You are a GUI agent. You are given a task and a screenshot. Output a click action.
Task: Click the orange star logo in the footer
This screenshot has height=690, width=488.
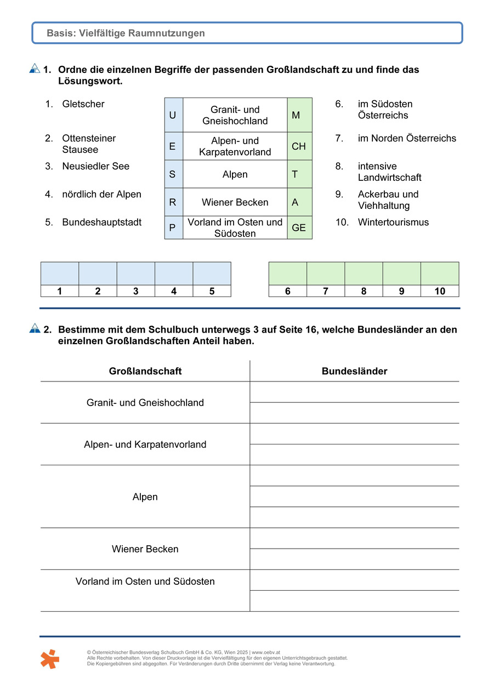pos(49,658)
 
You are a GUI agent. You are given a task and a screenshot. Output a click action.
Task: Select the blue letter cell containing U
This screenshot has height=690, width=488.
pos(173,115)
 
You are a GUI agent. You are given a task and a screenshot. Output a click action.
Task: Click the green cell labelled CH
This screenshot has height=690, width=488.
pos(299,146)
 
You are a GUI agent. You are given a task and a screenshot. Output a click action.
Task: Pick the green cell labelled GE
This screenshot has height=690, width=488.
pos(299,227)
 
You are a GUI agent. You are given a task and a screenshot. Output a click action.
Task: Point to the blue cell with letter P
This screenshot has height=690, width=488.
pos(173,227)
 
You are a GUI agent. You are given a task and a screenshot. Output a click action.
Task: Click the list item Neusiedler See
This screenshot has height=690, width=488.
pos(95,166)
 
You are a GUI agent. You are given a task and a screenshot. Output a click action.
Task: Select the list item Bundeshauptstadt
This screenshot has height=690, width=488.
pos(101,222)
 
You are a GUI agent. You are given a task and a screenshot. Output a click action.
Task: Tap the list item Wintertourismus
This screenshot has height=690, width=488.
pos(393,222)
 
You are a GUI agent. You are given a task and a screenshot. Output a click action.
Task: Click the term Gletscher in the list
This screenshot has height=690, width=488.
pos(83,104)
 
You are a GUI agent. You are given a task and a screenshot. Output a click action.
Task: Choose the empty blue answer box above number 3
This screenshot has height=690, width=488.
pos(136,273)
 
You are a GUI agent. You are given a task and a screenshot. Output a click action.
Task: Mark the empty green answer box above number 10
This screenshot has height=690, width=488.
pos(440,273)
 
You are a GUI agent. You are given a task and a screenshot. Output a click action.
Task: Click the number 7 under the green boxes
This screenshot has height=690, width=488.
pos(326,291)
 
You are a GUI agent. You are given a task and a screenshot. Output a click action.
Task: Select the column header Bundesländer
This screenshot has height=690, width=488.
pos(354,371)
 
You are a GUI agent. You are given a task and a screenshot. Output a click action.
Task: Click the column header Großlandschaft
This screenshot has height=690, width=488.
pos(145,371)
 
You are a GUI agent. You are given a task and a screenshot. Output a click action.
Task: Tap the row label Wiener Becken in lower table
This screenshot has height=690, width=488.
pos(145,549)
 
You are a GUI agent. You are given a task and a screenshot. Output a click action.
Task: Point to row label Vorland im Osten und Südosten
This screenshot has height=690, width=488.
pos(145,581)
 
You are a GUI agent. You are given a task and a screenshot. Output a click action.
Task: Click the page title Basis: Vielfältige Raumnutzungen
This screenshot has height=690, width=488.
pos(126,33)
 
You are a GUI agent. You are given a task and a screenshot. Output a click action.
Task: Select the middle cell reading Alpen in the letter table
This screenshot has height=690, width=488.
pos(235,174)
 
